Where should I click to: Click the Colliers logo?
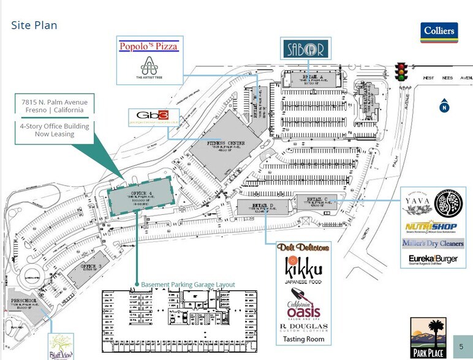(439, 32)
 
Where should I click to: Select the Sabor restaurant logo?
(305, 48)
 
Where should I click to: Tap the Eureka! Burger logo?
(433, 260)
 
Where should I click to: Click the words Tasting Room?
(303, 339)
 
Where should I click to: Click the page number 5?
(461, 347)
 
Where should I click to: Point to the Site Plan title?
(34, 25)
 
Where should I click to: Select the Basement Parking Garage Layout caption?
(188, 285)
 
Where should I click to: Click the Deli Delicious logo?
(303, 247)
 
